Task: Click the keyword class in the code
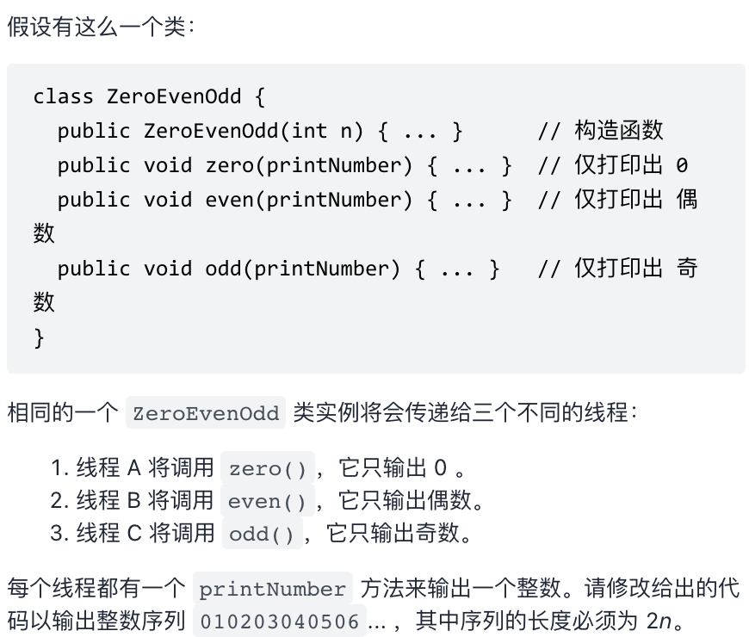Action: pos(64,96)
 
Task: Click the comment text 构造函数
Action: pos(619,131)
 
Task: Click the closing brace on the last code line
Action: pos(39,337)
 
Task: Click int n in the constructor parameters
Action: pos(322,131)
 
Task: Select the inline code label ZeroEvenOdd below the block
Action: pos(206,413)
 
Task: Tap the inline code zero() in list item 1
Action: pos(268,469)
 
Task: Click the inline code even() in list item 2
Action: pos(267,501)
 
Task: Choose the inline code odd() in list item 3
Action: pos(262,534)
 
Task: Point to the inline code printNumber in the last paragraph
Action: pos(272,590)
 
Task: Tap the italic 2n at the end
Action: pos(659,621)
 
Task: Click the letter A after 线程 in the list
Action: pos(133,469)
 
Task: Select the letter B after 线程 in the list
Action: pos(133,501)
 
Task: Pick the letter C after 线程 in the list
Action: pos(133,534)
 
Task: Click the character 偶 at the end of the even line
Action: pos(686,200)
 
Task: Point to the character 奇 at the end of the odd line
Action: pos(686,269)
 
